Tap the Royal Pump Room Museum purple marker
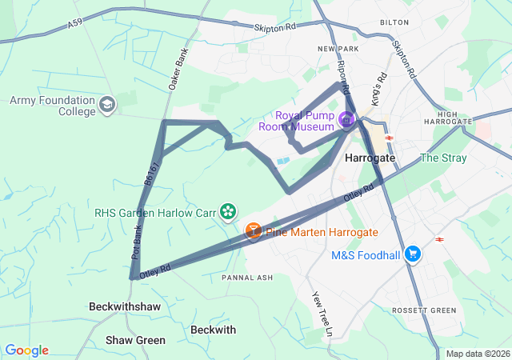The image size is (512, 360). click(x=346, y=121)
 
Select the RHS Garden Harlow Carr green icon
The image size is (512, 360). click(x=228, y=211)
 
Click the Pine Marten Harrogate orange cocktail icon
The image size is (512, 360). click(x=253, y=231)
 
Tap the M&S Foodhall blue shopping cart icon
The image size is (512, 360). click(x=413, y=254)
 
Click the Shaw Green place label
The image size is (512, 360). click(x=135, y=340)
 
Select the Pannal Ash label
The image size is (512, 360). click(x=247, y=278)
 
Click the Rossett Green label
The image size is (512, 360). click(x=423, y=310)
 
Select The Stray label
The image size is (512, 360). click(x=443, y=158)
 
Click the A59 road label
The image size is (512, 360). click(x=75, y=26)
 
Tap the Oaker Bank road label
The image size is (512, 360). click(x=177, y=65)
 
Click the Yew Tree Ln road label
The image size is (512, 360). click(x=318, y=307)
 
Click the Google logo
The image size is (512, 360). click(x=26, y=350)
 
